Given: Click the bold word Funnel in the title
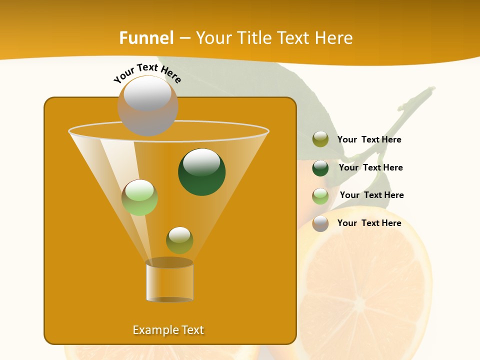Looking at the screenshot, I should pos(146,38).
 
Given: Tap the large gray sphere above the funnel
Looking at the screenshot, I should pos(147,105).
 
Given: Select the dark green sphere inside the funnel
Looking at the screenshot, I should pos(202,172).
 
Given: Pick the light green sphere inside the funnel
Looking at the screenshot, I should pos(139,197).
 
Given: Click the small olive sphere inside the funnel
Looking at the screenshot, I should pos(179,240).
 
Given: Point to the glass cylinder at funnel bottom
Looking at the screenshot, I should pos(169,281).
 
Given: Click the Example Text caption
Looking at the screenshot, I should pos(168,330).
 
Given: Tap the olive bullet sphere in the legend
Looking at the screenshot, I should pos(320,139).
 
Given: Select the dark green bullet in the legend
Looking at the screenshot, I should pos(320,168).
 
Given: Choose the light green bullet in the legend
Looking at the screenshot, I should pos(320,196).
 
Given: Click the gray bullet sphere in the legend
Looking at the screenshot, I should pos(320,223).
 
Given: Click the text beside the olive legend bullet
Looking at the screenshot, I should pos(369,140).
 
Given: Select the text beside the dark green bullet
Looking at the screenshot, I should pos(370,168).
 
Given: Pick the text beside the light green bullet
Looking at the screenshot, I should pos(371,195).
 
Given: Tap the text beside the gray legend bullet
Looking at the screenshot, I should pos(369,223).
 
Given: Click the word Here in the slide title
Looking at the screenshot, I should pos(335,38).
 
